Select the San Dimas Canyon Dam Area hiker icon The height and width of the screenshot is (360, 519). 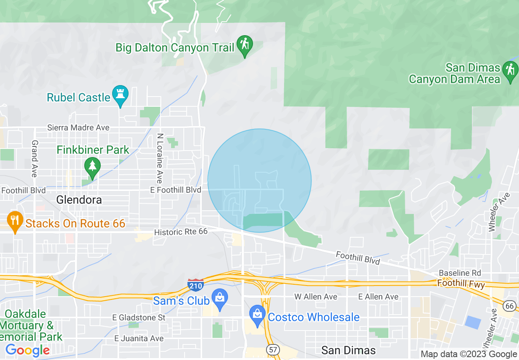(x=510, y=70)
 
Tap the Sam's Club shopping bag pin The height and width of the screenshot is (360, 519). (x=220, y=298)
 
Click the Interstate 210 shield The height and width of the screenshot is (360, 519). (x=196, y=284)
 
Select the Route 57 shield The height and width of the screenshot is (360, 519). (x=273, y=349)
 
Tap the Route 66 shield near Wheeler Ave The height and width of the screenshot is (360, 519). (x=510, y=306)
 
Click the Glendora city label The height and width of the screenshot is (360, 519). (x=79, y=200)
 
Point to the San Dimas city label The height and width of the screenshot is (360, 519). (x=348, y=351)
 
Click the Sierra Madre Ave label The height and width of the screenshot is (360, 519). (x=78, y=128)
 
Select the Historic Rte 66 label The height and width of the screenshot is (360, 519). (x=181, y=232)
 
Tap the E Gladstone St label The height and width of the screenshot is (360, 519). (x=139, y=317)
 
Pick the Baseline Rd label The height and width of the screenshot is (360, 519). (x=460, y=273)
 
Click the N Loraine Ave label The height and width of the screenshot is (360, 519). (x=160, y=158)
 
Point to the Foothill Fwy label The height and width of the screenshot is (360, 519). (x=461, y=283)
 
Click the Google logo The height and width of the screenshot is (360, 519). (x=27, y=351)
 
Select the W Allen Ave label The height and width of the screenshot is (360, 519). (x=316, y=297)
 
